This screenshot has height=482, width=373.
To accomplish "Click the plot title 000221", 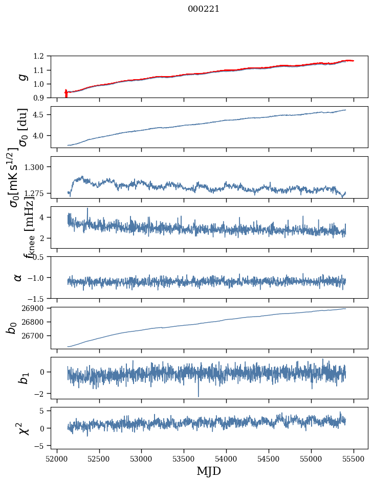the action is [204, 9].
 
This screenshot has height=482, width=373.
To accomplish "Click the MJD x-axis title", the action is [209, 471].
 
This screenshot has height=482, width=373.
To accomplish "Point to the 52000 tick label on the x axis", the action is [57, 459].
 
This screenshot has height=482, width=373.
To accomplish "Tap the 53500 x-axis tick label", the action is [184, 459].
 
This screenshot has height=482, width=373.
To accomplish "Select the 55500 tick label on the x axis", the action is [353, 459].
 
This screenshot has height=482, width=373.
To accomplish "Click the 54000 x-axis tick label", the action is [226, 459].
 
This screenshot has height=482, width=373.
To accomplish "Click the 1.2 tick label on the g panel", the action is [39, 56].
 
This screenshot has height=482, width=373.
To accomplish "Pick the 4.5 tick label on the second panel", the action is [39, 115].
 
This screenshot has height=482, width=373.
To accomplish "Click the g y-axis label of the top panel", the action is [23, 77].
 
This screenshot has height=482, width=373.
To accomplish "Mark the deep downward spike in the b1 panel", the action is [199, 391].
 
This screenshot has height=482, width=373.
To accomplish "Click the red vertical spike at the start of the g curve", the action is [66, 93].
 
